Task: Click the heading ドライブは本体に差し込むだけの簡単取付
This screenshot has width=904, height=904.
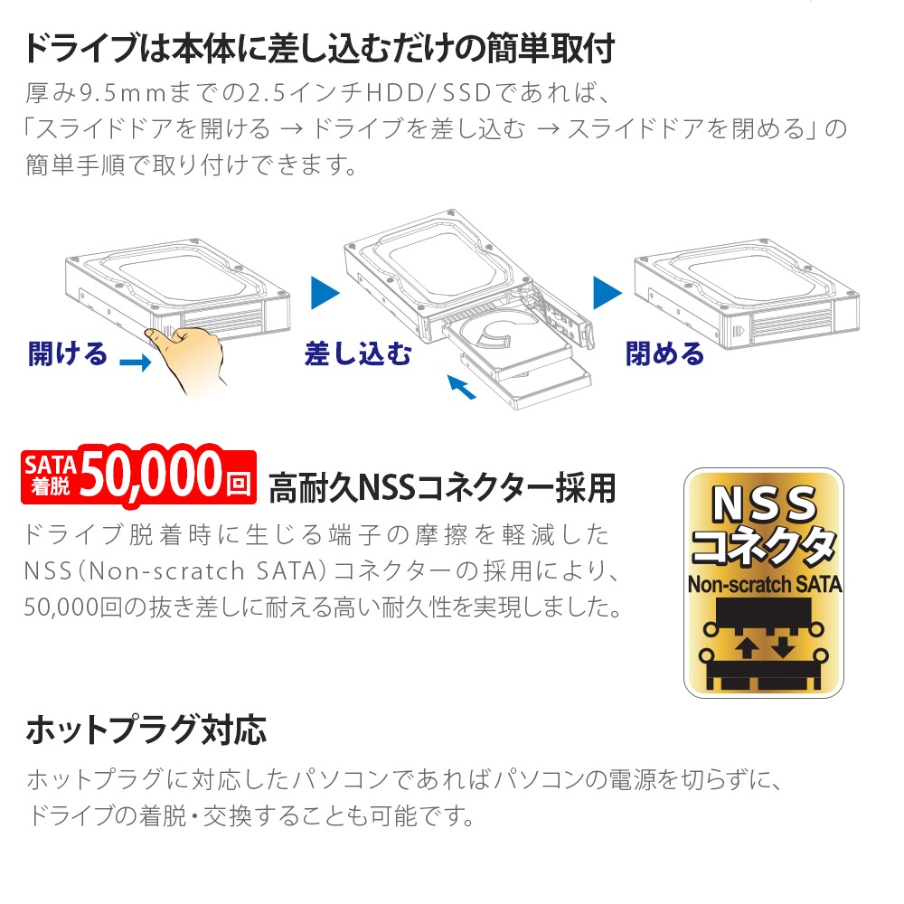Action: (x=319, y=48)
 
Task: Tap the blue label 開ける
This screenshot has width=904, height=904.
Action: (x=68, y=353)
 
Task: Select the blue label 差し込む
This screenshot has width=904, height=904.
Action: (x=358, y=353)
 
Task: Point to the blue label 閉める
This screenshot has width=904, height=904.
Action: (x=664, y=353)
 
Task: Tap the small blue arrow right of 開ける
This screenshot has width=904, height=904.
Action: (x=136, y=363)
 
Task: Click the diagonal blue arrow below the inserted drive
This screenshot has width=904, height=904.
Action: (x=461, y=386)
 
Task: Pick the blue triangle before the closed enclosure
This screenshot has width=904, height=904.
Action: (x=607, y=293)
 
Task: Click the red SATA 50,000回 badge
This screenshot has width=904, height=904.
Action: (x=138, y=476)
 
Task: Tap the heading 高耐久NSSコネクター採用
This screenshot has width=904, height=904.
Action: (x=442, y=488)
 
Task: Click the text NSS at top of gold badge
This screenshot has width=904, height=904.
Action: (x=765, y=504)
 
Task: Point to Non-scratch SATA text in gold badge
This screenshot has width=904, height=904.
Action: (x=765, y=585)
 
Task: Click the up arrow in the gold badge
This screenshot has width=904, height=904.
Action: (x=748, y=647)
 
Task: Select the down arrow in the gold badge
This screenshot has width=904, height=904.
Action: (x=783, y=645)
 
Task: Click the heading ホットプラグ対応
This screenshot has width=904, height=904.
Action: (x=146, y=730)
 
